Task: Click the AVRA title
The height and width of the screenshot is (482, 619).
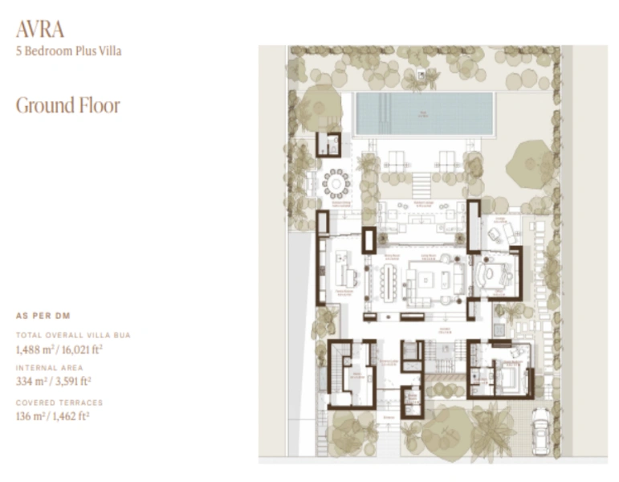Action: [40, 30]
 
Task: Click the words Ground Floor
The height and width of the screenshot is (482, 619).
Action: [68, 105]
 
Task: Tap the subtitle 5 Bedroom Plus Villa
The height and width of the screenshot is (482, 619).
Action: [69, 51]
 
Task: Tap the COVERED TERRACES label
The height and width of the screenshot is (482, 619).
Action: [59, 402]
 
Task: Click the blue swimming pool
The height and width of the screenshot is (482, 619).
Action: [424, 113]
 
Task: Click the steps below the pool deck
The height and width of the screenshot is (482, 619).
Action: [422, 185]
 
